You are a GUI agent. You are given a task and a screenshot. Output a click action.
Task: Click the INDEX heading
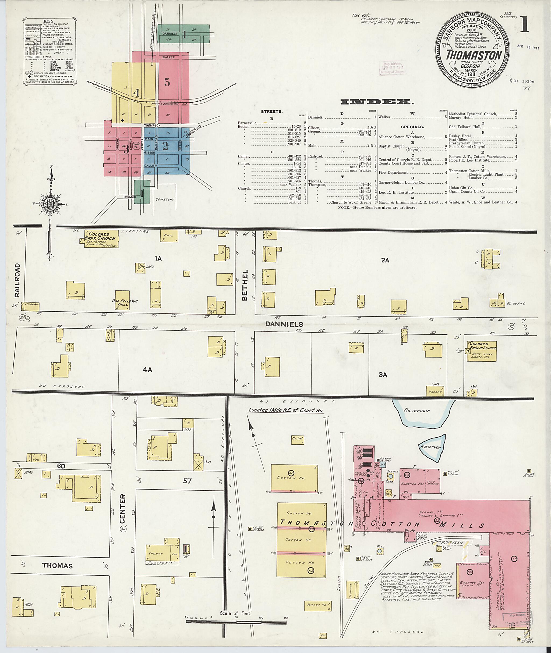[x=377, y=102]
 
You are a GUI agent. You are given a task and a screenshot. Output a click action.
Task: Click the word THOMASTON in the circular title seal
[x=473, y=55]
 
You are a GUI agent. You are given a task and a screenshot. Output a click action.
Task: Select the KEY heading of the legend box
[x=50, y=21]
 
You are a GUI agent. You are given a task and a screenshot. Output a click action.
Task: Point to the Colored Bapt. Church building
[x=101, y=239]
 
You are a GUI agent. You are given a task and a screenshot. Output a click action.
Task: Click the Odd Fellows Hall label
[x=125, y=302]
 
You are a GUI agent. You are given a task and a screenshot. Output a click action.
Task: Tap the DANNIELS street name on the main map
[x=284, y=324]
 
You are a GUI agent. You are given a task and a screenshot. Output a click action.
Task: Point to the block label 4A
[x=147, y=369]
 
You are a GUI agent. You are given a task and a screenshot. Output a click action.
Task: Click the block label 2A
[x=385, y=260]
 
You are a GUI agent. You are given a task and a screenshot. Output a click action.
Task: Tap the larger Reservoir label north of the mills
[x=417, y=411]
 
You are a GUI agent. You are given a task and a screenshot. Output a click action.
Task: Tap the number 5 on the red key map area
[x=167, y=83]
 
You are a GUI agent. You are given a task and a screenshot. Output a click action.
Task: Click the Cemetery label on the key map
[x=165, y=199]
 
